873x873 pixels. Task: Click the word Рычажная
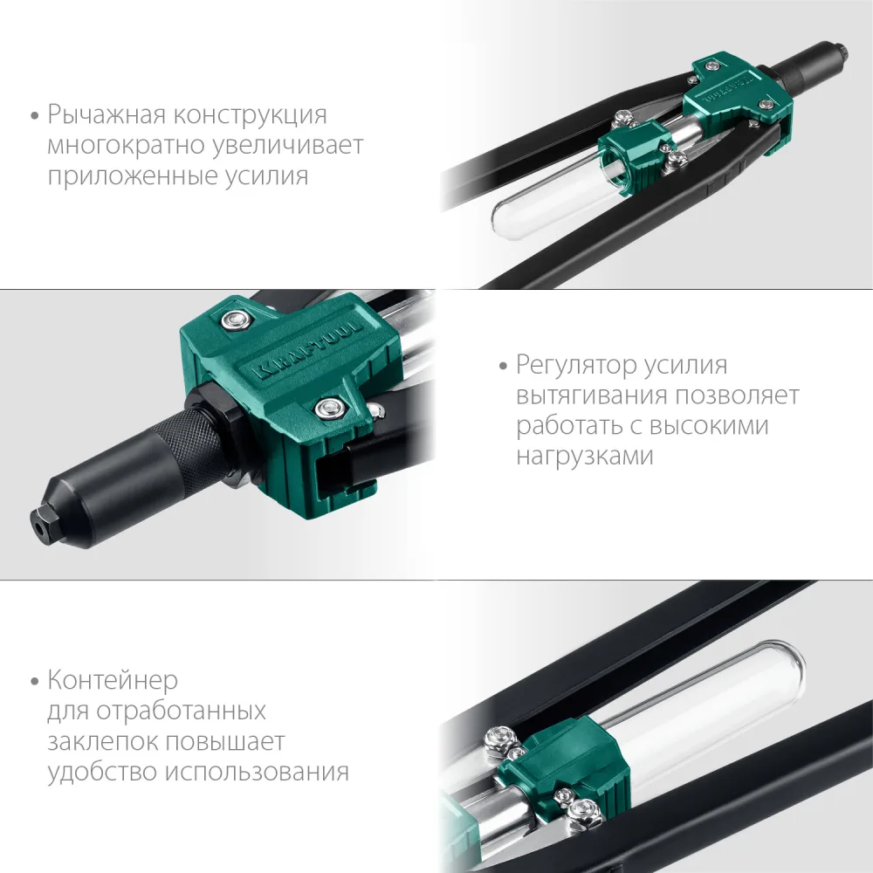tap(107, 115)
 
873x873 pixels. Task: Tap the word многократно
tap(125, 145)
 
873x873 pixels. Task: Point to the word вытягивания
tap(592, 395)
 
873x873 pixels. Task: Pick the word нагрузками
tap(585, 456)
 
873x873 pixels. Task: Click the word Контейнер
tap(113, 680)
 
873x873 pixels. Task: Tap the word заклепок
tap(102, 742)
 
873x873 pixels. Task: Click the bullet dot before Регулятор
tap(504, 367)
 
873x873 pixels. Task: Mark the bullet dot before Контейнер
tap(35, 681)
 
